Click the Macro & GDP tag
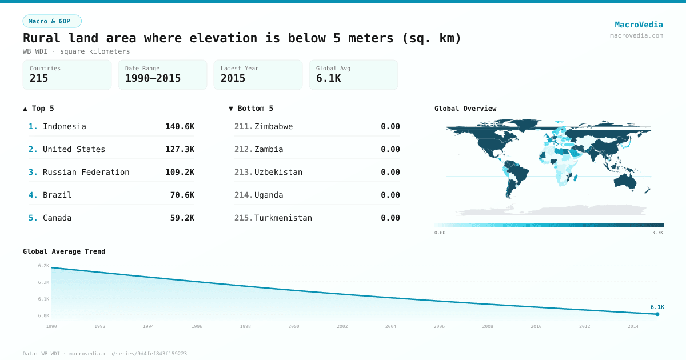pyautogui.click(x=52, y=21)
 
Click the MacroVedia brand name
pyautogui.click(x=639, y=25)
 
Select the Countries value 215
pyautogui.click(x=39, y=78)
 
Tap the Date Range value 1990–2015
pyautogui.click(x=153, y=78)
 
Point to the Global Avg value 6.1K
pyautogui.click(x=328, y=78)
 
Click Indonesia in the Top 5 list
pyautogui.click(x=65, y=126)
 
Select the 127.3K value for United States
pyautogui.click(x=180, y=149)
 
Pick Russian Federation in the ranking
pyautogui.click(x=86, y=172)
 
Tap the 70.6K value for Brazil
pyautogui.click(x=182, y=195)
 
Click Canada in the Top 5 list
pyautogui.click(x=57, y=218)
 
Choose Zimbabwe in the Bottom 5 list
pyautogui.click(x=273, y=126)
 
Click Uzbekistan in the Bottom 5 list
pyautogui.click(x=278, y=172)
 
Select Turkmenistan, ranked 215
pyautogui.click(x=283, y=218)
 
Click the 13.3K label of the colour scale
pyautogui.click(x=656, y=233)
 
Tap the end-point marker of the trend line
pyautogui.click(x=657, y=314)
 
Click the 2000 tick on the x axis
pyautogui.click(x=294, y=326)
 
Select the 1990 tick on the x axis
pyautogui.click(x=51, y=326)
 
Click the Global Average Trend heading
pyautogui.click(x=64, y=251)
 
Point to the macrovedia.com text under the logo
pyautogui.click(x=636, y=35)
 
